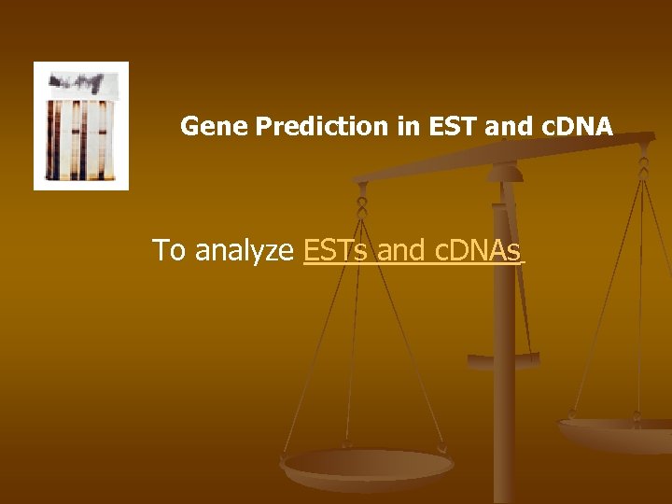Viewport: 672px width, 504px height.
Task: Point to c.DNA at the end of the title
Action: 574,126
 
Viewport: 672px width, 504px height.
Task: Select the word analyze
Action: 245,250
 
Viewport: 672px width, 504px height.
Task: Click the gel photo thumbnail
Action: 81,126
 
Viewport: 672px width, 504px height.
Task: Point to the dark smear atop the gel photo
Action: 80,82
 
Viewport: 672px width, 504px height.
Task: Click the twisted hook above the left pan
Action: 362,199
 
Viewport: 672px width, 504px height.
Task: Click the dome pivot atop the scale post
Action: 505,171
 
